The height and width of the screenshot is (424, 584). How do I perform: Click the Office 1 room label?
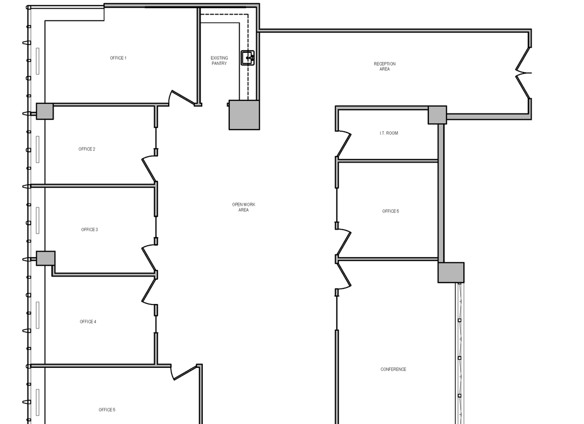[x=118, y=58]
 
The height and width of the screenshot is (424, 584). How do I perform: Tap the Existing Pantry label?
[x=219, y=60]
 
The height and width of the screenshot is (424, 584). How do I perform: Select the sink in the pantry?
[x=248, y=58]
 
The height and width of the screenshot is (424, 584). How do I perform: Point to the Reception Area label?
[x=385, y=66]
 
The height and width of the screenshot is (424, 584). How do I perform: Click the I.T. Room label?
[x=389, y=133]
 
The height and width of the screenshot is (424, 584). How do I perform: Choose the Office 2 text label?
[x=87, y=149]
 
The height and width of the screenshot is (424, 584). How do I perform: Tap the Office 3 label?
[x=89, y=230]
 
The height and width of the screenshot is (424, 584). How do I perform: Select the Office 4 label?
[x=88, y=322]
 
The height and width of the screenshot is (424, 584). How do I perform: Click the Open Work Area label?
[x=243, y=207]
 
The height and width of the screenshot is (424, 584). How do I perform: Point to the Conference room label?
[x=393, y=369]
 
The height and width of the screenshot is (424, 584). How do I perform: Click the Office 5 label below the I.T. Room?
[x=390, y=211]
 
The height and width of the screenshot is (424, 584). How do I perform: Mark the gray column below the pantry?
[x=244, y=115]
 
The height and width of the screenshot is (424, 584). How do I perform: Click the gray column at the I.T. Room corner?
[x=437, y=115]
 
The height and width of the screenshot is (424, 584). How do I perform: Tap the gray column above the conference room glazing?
[x=450, y=273]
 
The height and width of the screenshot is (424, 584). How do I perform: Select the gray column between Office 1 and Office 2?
[x=45, y=112]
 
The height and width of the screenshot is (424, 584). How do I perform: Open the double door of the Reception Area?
[x=523, y=73]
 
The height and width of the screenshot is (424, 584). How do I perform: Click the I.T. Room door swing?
[x=343, y=143]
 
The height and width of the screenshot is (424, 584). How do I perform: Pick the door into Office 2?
[x=149, y=169]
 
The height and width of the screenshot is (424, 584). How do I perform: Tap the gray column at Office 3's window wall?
[x=45, y=258]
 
